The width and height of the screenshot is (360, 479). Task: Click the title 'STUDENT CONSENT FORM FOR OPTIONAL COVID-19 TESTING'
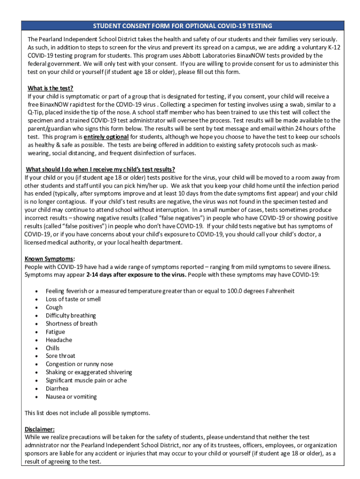click(182, 26)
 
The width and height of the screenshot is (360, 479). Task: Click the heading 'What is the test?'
click(50, 88)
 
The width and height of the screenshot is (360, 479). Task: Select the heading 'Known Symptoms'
click(49, 259)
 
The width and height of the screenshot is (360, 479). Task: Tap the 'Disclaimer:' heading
click(39, 429)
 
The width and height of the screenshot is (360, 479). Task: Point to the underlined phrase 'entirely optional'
click(106, 137)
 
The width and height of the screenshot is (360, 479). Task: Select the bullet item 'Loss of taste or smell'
click(73, 299)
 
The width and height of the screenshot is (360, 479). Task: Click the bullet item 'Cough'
click(54, 307)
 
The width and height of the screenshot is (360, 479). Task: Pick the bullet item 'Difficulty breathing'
click(71, 315)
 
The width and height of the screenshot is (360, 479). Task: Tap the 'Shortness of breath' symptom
click(72, 323)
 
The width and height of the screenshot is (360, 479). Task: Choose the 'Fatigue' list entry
click(55, 332)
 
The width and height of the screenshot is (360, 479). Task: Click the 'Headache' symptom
click(58, 340)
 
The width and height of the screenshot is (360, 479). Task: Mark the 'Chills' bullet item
click(52, 348)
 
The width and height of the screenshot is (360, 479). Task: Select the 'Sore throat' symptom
click(60, 356)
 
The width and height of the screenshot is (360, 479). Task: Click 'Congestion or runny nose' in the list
click(79, 364)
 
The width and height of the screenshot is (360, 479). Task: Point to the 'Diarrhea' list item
click(57, 388)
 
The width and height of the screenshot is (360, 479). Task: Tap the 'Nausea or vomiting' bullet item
click(71, 397)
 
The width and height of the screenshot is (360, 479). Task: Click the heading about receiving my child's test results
click(101, 169)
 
